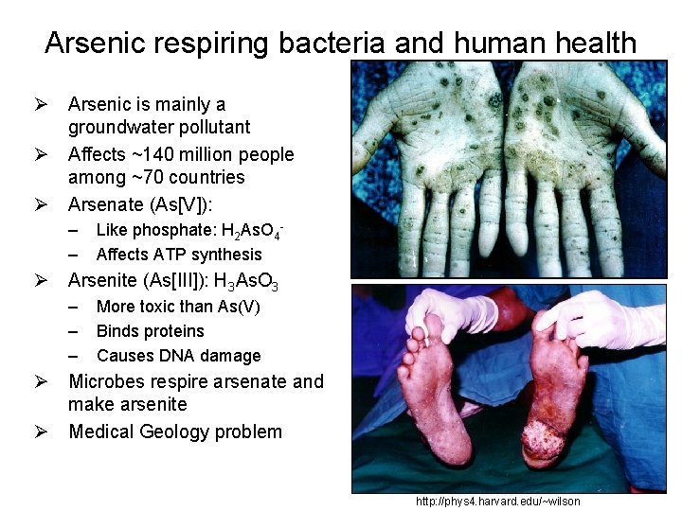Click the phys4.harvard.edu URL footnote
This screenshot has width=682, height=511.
coord(498,502)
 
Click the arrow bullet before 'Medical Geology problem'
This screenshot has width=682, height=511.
coord(42,432)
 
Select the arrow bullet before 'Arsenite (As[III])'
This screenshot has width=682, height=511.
coord(42,280)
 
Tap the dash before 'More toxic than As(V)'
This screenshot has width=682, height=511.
coord(74,307)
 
